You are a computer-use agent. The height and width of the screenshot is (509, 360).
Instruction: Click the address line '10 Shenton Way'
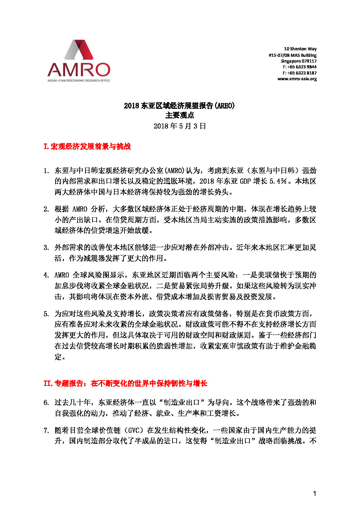pos(300,49)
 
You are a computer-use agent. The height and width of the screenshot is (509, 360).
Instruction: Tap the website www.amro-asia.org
pos(297,79)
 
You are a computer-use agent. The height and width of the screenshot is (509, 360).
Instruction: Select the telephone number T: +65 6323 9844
pos(299,67)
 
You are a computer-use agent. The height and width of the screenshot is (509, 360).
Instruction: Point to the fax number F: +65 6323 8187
pos(299,73)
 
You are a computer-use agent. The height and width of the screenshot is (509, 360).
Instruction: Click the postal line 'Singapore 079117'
pos(298,61)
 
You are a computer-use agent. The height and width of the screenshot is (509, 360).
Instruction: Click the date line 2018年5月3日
pos(180,126)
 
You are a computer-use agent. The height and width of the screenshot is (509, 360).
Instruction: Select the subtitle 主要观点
pos(180,116)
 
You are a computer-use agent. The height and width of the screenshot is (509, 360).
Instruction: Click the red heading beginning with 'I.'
pos(87,147)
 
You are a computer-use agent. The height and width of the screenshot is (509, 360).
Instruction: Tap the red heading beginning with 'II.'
pos(125,384)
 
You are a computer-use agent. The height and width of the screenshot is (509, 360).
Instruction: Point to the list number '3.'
pos(46,248)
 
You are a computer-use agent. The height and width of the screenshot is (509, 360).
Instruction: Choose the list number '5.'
pos(46,314)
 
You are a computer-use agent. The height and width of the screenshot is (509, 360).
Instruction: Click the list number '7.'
pos(46,430)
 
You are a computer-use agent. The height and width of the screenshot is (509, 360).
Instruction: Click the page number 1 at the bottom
pos(314,493)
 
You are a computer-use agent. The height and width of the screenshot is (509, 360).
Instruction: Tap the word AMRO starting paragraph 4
pos(62,275)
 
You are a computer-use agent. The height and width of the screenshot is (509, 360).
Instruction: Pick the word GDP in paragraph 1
pos(245,181)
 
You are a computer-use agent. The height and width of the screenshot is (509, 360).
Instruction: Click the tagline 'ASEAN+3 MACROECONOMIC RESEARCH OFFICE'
pos(79,81)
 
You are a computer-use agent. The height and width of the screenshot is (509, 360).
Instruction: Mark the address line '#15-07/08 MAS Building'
pos(292,55)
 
